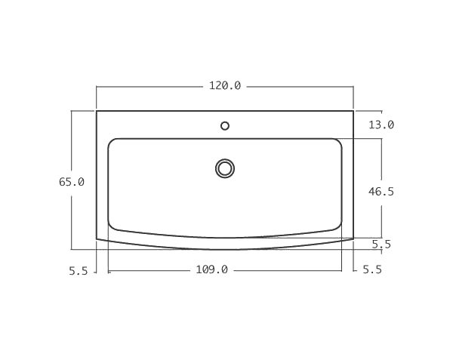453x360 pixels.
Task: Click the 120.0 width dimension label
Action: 225,86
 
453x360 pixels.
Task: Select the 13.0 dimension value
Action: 381,125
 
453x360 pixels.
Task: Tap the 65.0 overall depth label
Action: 72,182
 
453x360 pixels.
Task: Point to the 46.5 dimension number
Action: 381,192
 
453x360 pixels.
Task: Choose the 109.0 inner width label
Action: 212,269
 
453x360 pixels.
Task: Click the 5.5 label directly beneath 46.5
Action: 381,244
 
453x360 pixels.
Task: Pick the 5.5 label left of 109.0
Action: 79,271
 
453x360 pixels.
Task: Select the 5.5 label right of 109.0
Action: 372,269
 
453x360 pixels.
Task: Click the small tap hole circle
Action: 225,125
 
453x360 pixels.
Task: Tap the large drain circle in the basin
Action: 225,168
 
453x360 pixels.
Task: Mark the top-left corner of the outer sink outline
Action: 97,111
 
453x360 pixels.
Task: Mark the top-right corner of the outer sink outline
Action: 353,111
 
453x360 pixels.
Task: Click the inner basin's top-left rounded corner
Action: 112,142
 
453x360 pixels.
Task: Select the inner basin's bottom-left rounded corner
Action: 112,226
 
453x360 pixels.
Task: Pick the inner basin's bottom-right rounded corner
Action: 337,226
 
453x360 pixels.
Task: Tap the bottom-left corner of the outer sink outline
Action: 97,238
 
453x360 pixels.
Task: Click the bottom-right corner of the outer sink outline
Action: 353,238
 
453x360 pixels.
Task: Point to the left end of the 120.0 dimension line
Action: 97,87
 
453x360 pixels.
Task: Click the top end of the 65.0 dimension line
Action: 72,111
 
